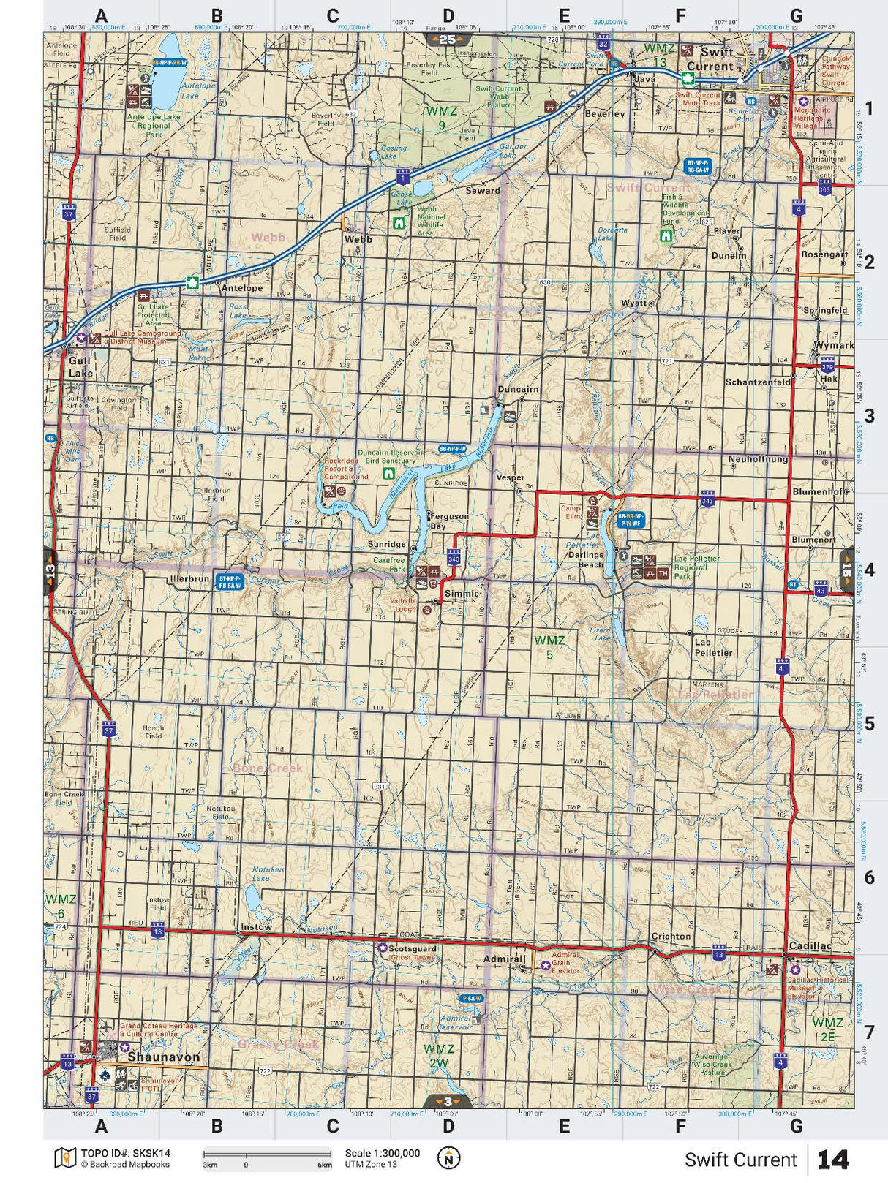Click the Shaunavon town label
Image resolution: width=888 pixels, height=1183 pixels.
click(163, 1057)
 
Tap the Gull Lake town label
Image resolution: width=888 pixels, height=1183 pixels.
click(80, 367)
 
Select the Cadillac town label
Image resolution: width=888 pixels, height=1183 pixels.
click(810, 945)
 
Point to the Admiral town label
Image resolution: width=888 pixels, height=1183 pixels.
click(503, 959)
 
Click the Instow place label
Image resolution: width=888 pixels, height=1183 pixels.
click(256, 926)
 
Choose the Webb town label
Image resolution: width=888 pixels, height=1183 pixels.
click(358, 239)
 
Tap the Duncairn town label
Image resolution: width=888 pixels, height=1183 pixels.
click(518, 389)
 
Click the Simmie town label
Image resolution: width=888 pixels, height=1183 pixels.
click(462, 594)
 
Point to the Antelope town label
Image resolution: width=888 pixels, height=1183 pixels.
click(242, 288)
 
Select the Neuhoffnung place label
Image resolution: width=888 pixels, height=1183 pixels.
click(758, 459)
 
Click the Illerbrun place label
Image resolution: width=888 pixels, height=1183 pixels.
click(189, 578)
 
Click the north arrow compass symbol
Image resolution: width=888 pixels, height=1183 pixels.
click(448, 1158)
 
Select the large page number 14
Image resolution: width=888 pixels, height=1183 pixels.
click(833, 1160)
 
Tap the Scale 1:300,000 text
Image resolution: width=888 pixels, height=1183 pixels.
click(383, 1153)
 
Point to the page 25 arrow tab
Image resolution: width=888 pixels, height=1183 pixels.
click(448, 39)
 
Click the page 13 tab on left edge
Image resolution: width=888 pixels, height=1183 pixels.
click(50, 570)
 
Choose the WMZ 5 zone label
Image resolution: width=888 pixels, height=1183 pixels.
click(549, 647)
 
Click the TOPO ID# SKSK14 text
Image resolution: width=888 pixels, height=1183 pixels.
click(125, 1153)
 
